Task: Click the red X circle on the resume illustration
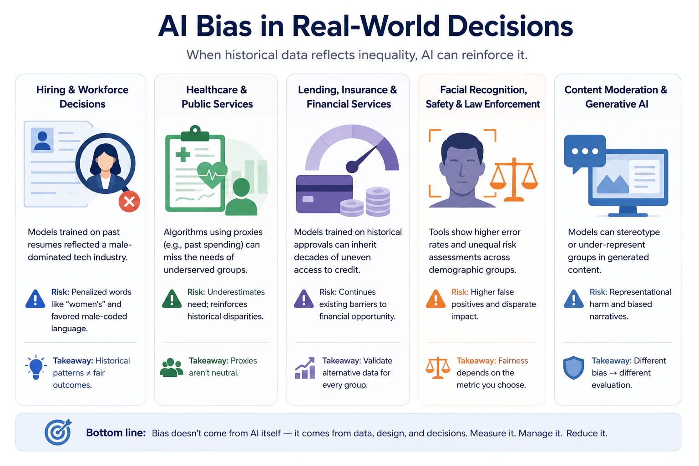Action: pos(129,202)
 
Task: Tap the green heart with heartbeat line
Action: pos(212,175)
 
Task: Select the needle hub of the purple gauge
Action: pos(352,167)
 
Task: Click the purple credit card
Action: pos(324,194)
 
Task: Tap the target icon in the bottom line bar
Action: pos(58,432)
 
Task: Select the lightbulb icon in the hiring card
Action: pos(36,367)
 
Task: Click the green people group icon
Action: pos(171,368)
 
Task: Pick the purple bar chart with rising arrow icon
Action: pos(305,368)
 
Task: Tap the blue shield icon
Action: pos(573,368)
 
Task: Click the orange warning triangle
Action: pos(436,299)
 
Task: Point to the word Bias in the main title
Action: pos(224,26)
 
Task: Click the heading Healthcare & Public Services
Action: pos(217,97)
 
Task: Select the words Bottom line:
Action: pos(116,433)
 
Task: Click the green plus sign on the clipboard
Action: pos(183,154)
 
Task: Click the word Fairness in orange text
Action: pos(513,360)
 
